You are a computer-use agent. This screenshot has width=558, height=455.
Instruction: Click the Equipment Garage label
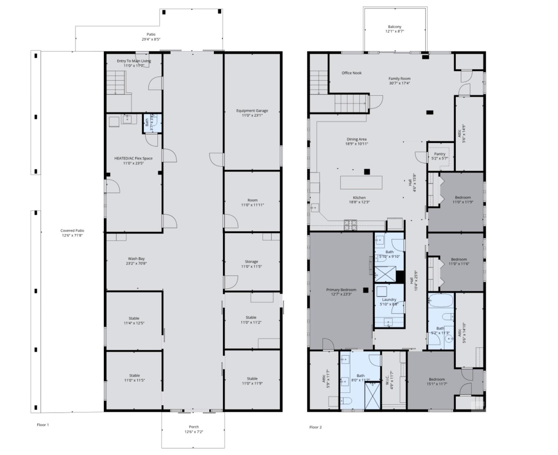pyautogui.click(x=252, y=111)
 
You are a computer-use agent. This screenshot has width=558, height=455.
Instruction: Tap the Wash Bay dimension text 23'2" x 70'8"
pyautogui.click(x=136, y=263)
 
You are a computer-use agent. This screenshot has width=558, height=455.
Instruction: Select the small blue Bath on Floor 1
pyautogui.click(x=152, y=123)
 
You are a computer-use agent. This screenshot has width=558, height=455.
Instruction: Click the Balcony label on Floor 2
pyautogui.click(x=394, y=27)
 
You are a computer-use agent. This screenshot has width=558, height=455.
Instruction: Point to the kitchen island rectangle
pyautogui.click(x=361, y=182)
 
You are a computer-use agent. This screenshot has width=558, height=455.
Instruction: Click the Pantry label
pyautogui.click(x=439, y=154)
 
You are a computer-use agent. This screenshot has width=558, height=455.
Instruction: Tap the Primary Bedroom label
pyautogui.click(x=341, y=290)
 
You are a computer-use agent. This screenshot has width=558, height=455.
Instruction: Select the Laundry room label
pyautogui.click(x=389, y=299)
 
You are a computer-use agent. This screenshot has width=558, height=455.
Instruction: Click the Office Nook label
pyautogui.click(x=352, y=73)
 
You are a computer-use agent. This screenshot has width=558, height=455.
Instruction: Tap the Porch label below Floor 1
pyautogui.click(x=194, y=427)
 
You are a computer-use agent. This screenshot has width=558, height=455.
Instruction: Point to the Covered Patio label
pyautogui.click(x=72, y=230)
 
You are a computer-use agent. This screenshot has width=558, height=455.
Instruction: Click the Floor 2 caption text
pyautogui.click(x=315, y=427)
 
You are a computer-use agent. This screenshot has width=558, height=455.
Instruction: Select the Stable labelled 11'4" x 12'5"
pyautogui.click(x=134, y=320)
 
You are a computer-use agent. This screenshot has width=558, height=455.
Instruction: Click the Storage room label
pyautogui.click(x=251, y=262)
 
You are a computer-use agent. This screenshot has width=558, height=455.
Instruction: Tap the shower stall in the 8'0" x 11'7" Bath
pyautogui.click(x=372, y=395)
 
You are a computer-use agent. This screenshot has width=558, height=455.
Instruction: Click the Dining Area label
pyautogui.click(x=357, y=139)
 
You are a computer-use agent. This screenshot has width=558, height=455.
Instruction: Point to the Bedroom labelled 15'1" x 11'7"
pyautogui.click(x=437, y=381)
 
